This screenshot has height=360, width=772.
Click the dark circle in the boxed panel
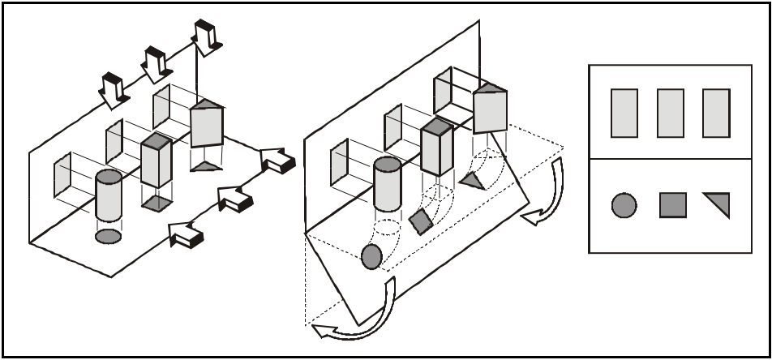coord(624,205)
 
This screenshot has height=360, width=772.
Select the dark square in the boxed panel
coord(673,204)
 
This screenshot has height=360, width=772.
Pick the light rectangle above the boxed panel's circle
coord(624,113)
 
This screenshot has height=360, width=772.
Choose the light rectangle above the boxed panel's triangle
coord(717,113)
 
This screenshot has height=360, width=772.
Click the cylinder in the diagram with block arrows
coord(109,196)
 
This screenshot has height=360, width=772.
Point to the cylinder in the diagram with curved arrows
coord(388,185)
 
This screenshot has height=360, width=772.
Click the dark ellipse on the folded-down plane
coord(371,256)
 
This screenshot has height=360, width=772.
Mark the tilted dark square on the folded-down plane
coord(421,221)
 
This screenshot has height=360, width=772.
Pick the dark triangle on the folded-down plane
coord(471,181)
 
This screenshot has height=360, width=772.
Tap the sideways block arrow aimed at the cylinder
coord(185,236)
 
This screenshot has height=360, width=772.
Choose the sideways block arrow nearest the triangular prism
coord(277,161)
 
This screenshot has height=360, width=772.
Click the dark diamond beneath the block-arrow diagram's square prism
coord(156,204)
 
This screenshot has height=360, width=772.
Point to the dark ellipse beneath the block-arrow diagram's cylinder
coord(109,236)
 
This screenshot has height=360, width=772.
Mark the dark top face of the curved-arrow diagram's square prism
coord(436,126)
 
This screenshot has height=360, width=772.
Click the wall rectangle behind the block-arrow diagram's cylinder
coord(63,175)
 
